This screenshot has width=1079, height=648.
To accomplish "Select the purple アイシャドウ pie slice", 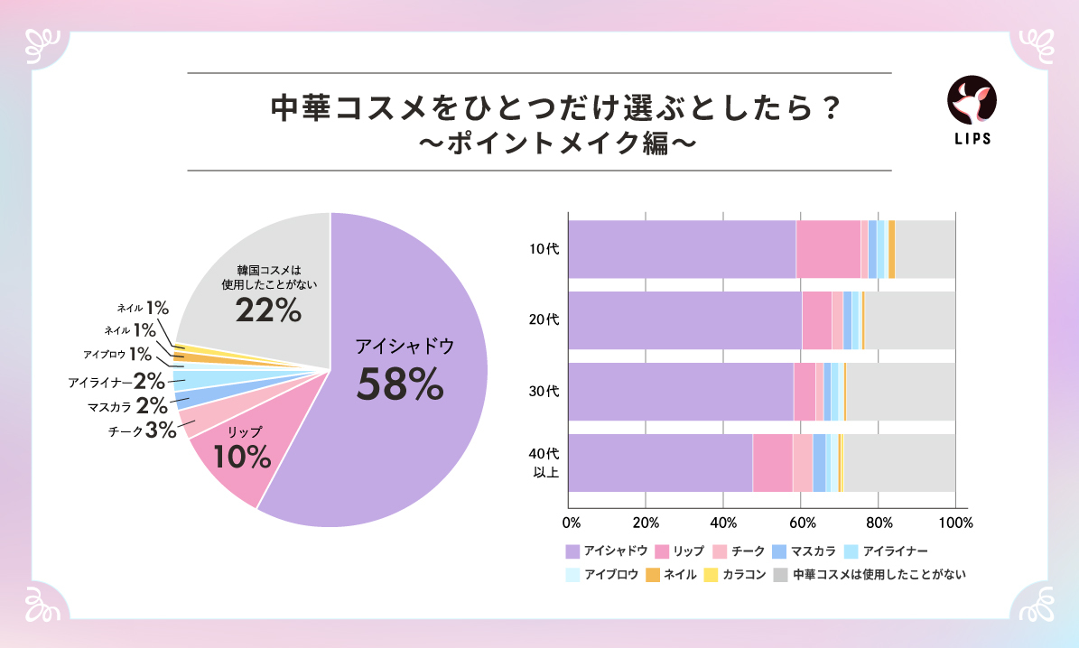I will click(406, 433).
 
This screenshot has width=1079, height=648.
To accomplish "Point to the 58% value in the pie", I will click(400, 384).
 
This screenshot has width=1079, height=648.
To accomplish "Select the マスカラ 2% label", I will click(126, 406).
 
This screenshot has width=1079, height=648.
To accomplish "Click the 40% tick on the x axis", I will click(724, 523).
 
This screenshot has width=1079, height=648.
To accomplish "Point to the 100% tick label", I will click(955, 523).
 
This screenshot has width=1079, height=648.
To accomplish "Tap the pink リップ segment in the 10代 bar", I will click(828, 248).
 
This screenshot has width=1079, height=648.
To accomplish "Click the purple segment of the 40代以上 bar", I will click(659, 462).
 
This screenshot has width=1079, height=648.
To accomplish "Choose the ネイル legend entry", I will click(673, 574).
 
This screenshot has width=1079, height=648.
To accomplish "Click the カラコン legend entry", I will click(735, 574).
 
